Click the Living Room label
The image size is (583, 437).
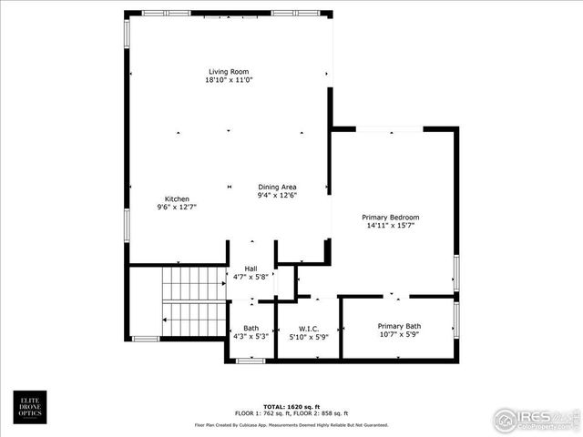[x=228, y=72]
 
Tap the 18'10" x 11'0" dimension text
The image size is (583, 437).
[x=228, y=80]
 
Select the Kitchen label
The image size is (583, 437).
[x=176, y=199]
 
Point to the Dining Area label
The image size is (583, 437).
[x=277, y=186]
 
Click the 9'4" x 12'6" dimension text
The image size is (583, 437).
[x=277, y=194]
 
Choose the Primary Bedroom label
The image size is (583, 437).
[x=390, y=218]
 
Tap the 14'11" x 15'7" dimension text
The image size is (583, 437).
[x=390, y=226]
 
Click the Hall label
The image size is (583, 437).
[x=251, y=268]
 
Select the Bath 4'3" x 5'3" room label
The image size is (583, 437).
[x=251, y=332]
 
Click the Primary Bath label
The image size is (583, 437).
[x=399, y=326]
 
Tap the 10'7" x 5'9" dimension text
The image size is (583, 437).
[x=399, y=334]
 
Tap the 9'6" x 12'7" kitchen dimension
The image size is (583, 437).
[x=176, y=208]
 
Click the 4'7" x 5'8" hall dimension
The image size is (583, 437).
[x=251, y=276]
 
